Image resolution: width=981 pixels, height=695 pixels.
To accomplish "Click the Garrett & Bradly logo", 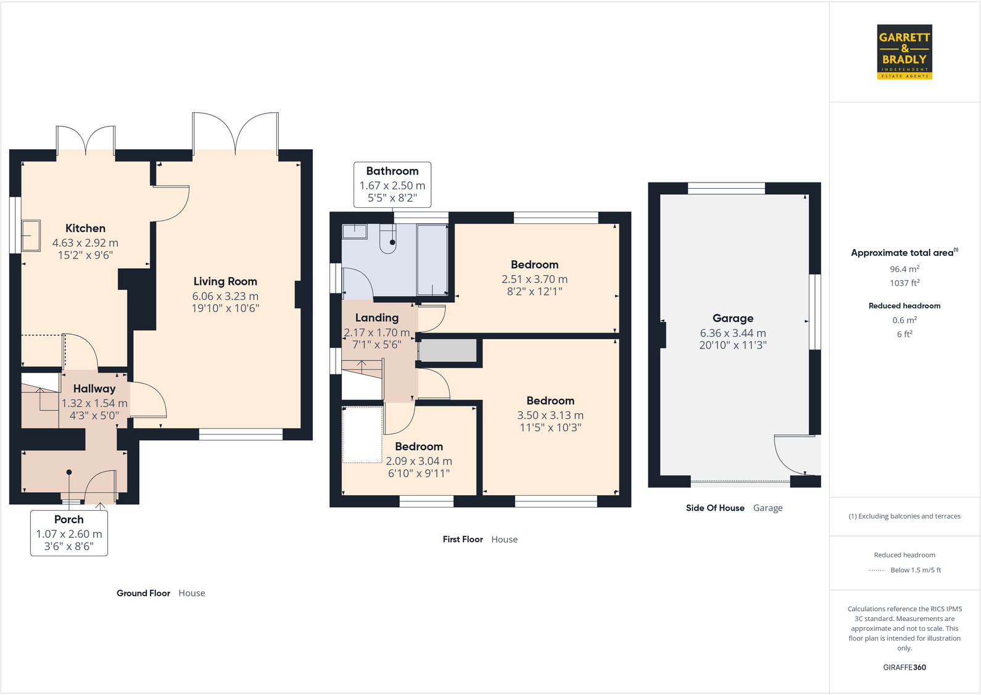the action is [x=904, y=52].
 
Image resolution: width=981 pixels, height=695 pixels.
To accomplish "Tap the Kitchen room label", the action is [x=85, y=228].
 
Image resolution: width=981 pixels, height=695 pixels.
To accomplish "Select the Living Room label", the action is [x=225, y=281].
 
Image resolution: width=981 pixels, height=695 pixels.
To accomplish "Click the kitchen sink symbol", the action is [x=31, y=236].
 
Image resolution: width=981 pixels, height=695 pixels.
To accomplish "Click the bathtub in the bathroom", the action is [x=433, y=260].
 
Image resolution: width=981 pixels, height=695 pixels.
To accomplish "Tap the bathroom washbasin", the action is [x=354, y=231].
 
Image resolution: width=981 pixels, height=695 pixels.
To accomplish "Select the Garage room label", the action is [x=733, y=318].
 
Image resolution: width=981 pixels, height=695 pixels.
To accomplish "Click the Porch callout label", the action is [x=69, y=533].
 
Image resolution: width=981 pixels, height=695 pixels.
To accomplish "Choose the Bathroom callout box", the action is [x=392, y=184].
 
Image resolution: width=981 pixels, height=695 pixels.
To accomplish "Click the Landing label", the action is [x=376, y=318].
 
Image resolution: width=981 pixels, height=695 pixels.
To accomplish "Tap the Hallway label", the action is [x=94, y=389].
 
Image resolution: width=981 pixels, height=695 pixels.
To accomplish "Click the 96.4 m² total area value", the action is [x=904, y=269].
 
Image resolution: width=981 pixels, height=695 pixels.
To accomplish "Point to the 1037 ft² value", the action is [x=904, y=282].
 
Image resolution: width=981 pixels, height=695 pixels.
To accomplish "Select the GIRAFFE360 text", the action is [x=904, y=667].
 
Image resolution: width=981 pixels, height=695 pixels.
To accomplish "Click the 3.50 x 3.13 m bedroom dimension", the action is [x=550, y=415].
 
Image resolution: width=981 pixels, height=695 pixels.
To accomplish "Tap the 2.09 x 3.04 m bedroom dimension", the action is [x=419, y=461].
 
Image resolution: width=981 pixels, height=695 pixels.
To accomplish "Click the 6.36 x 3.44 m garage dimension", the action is [x=733, y=333].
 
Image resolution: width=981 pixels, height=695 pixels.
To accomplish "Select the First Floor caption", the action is [x=463, y=539].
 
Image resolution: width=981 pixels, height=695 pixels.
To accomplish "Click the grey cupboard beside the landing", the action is [x=448, y=350].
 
